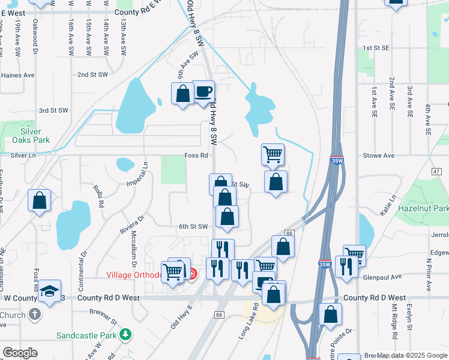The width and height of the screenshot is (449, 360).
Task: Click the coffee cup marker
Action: tap(203, 92)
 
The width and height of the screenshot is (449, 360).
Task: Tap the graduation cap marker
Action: tap(50, 292)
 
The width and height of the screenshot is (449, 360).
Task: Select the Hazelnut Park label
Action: tap(423, 208)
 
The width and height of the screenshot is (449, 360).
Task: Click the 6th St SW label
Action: tap(193, 226)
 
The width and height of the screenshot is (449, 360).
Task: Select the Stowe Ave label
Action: tap(378, 155)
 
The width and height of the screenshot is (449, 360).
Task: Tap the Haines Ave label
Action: tap(18, 76)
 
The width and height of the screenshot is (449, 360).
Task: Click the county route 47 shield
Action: tap(436, 171)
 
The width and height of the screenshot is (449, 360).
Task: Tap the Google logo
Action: tap(20, 353)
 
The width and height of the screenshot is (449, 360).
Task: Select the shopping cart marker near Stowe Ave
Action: tap(273, 155)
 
